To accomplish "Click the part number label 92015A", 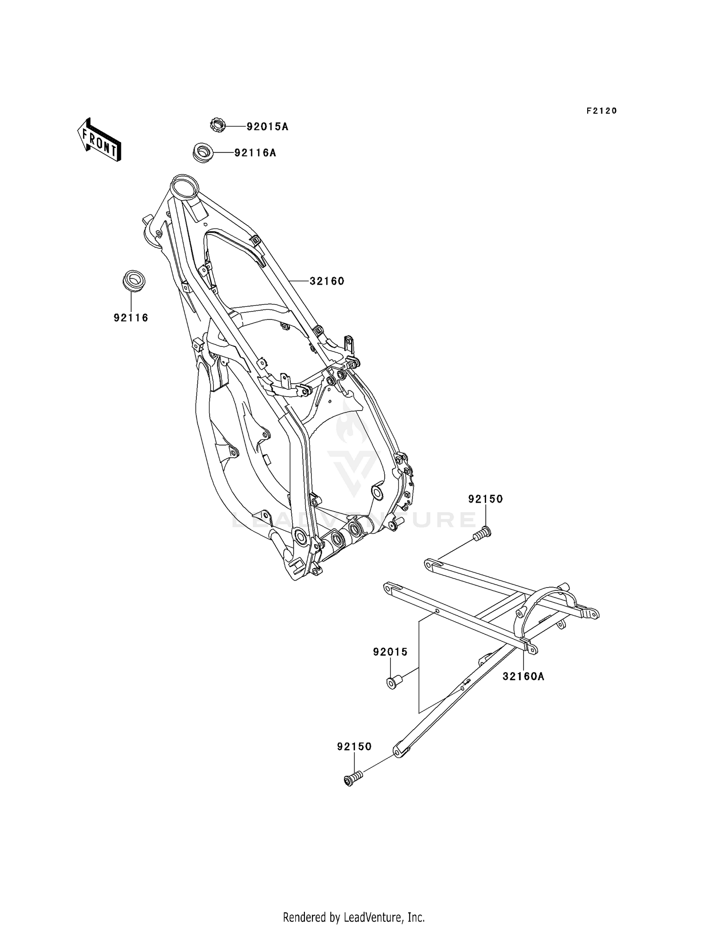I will pyautogui.click(x=267, y=126).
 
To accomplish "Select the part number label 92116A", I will pyautogui.click(x=255, y=153).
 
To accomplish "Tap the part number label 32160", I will pyautogui.click(x=327, y=281).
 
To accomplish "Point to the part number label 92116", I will pyautogui.click(x=131, y=318).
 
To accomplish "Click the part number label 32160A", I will pyautogui.click(x=523, y=676).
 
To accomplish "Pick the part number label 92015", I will pyautogui.click(x=390, y=652).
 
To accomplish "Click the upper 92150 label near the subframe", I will pyautogui.click(x=486, y=499).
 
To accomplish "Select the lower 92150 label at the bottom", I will pyautogui.click(x=354, y=747).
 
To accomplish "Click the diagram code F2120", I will pyautogui.click(x=602, y=111).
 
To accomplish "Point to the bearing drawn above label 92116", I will pyautogui.click(x=133, y=281).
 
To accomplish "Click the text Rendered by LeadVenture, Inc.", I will pyautogui.click(x=354, y=917).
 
